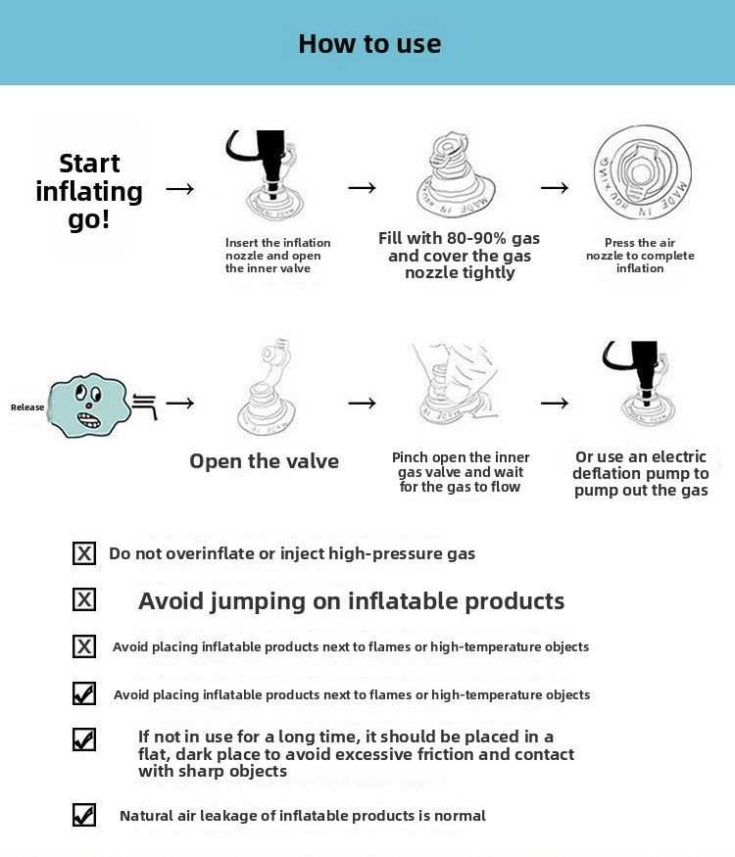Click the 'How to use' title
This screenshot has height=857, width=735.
click(x=369, y=44)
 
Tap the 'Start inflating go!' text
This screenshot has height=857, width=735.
click(x=89, y=191)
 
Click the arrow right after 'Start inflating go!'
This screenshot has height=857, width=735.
click(x=180, y=189)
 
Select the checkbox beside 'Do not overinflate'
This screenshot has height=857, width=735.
click(x=84, y=553)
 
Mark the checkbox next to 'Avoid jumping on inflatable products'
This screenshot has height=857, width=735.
click(x=84, y=599)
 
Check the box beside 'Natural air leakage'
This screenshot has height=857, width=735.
click(x=84, y=815)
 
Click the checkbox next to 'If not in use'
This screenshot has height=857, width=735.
click(x=84, y=739)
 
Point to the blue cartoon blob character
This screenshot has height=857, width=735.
click(x=88, y=405)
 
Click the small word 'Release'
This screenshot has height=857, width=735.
click(x=27, y=407)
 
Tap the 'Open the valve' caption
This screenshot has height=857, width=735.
click(x=265, y=461)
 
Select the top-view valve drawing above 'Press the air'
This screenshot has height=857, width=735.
click(x=643, y=172)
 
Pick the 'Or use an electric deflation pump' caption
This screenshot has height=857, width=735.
click(x=641, y=473)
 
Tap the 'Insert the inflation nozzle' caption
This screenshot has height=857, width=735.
click(x=277, y=256)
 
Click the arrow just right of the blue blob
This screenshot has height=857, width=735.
click(x=180, y=404)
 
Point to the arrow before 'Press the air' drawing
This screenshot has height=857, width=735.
click(x=555, y=188)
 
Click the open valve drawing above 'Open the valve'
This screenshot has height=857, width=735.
click(x=267, y=387)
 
